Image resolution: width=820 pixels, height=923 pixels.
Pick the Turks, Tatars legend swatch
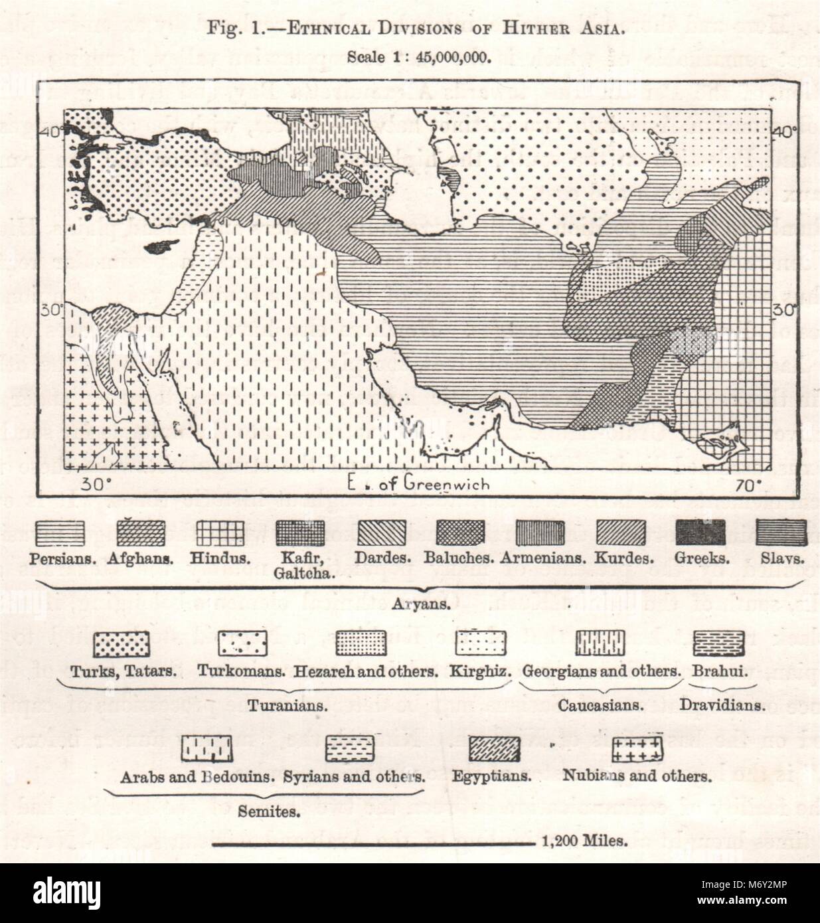coord(121,643)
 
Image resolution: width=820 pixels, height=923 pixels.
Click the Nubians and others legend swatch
coord(637,750)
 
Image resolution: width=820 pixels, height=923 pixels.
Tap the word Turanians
coord(287,705)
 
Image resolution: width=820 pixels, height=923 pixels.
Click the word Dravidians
coord(722,705)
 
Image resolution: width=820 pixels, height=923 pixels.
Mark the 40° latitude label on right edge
coord(787,131)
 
